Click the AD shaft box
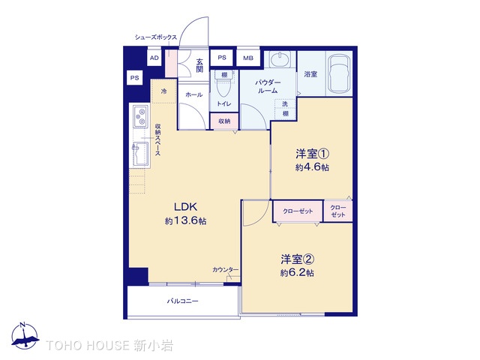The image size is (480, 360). pos(154,58)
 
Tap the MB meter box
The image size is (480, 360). pos(248,58)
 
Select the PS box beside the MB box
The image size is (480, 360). pos(222,58)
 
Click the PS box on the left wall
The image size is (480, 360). pos(135,78)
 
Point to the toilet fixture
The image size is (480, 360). pos(223,83)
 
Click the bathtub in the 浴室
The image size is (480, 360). pos(338,73)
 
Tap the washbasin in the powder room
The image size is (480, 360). pos(280,59)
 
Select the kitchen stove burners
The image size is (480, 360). pos(141,116)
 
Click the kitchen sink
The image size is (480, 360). pos(140,154)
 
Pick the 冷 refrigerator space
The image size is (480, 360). pos(164,91)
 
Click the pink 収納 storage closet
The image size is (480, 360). pos(224,121)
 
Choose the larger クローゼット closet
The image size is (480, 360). pos(298,211)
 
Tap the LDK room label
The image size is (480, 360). pos(185,207)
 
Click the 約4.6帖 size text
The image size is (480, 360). pos(312,167)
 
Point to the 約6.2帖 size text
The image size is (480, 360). pos(297,272)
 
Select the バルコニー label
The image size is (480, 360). pos(182,301)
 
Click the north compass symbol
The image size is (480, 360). pos(25,335)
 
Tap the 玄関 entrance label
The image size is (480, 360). pos(199,65)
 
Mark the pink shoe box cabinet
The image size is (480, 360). pos(171,63)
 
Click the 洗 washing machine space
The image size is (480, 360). pos(285,104)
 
